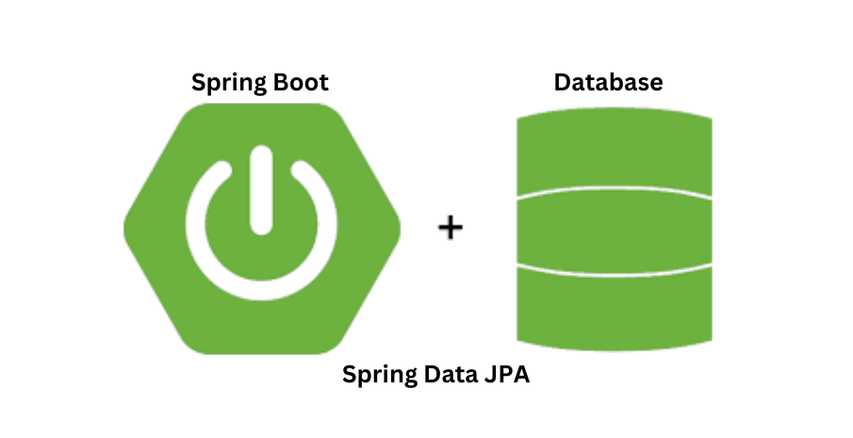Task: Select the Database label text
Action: pyautogui.click(x=608, y=82)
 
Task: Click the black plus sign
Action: pyautogui.click(x=451, y=227)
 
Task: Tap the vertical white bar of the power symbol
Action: pyautogui.click(x=262, y=193)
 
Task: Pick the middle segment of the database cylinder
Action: pyautogui.click(x=614, y=228)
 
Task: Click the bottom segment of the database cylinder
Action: pyautogui.click(x=614, y=306)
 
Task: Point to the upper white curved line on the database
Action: pyautogui.click(x=614, y=189)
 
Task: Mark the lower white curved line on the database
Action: pyautogui.click(x=614, y=267)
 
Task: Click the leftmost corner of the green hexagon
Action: pyautogui.click(x=125, y=228)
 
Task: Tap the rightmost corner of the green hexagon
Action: pyautogui.click(x=400, y=228)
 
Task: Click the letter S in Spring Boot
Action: pyautogui.click(x=198, y=82)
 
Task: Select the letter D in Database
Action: pyautogui.click(x=562, y=82)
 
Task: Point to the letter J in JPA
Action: pyautogui.click(x=483, y=374)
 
